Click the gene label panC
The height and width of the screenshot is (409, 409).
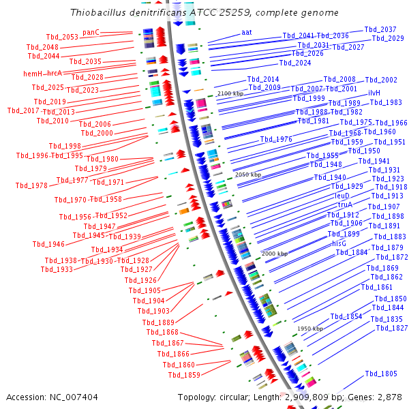[91, 32]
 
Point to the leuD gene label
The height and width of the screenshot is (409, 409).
[342, 196]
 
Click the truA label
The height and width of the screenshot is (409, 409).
[344, 204]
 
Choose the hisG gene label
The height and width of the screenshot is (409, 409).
[339, 243]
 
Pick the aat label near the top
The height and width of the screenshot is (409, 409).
[246, 32]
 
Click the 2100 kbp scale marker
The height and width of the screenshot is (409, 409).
[230, 93]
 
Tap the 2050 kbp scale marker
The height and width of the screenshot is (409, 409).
[247, 175]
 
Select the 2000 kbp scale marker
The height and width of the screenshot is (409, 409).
[274, 254]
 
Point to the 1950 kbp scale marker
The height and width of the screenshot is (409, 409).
[310, 329]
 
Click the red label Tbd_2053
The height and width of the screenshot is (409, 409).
[62, 37]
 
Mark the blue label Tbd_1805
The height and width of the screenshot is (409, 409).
[380, 374]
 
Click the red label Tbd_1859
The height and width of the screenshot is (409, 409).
[184, 375]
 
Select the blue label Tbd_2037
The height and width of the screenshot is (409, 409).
[380, 30]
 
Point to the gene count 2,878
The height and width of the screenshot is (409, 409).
[390, 397]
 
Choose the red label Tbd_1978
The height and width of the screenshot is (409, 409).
[31, 185]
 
